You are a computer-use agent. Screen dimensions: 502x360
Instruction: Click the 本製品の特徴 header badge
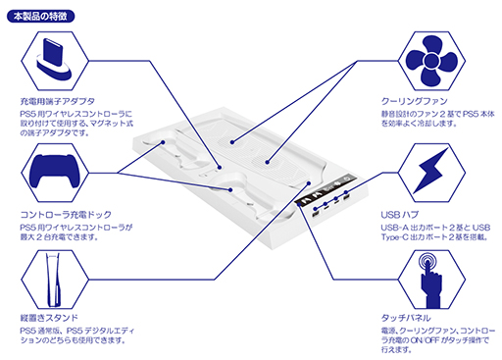click(x=40, y=17)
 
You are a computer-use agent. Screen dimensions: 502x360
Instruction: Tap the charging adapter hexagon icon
click(x=55, y=61)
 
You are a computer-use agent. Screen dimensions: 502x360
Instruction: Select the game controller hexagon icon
click(x=55, y=173)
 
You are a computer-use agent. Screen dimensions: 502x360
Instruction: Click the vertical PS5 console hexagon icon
click(x=55, y=280)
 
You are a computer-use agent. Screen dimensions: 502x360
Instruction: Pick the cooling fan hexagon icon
click(x=431, y=61)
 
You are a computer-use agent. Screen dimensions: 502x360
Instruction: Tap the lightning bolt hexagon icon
click(x=431, y=173)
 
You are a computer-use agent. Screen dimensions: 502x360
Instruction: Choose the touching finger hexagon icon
click(x=431, y=280)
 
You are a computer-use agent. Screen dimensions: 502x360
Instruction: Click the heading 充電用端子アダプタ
click(x=58, y=101)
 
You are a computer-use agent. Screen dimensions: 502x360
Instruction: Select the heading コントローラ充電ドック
click(x=66, y=215)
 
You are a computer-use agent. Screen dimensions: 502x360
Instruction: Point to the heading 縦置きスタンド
click(x=49, y=318)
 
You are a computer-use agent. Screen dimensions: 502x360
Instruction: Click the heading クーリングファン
click(x=415, y=101)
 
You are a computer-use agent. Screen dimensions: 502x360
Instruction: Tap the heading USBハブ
click(x=400, y=215)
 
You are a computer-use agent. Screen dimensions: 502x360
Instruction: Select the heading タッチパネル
click(x=406, y=318)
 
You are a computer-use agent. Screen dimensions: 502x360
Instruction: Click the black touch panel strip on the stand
click(x=325, y=189)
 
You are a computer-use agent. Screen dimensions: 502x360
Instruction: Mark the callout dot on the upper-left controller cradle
click(x=163, y=142)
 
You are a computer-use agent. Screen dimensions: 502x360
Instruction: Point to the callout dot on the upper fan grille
click(x=231, y=142)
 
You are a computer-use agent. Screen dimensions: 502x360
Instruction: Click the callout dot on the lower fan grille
click(x=268, y=162)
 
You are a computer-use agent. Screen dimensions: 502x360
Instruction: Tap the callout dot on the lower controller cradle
click(x=230, y=189)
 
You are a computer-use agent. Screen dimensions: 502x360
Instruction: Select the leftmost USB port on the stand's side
click(x=316, y=214)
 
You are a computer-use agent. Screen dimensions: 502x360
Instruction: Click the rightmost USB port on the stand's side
click(x=346, y=197)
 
